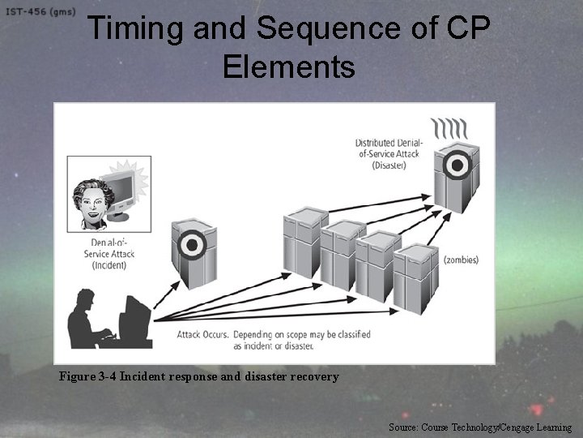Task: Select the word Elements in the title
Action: click(288, 67)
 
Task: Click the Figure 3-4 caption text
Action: click(198, 376)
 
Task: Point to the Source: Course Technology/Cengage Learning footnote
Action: click(479, 427)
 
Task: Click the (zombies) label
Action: click(461, 260)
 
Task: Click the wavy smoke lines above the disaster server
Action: click(451, 129)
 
